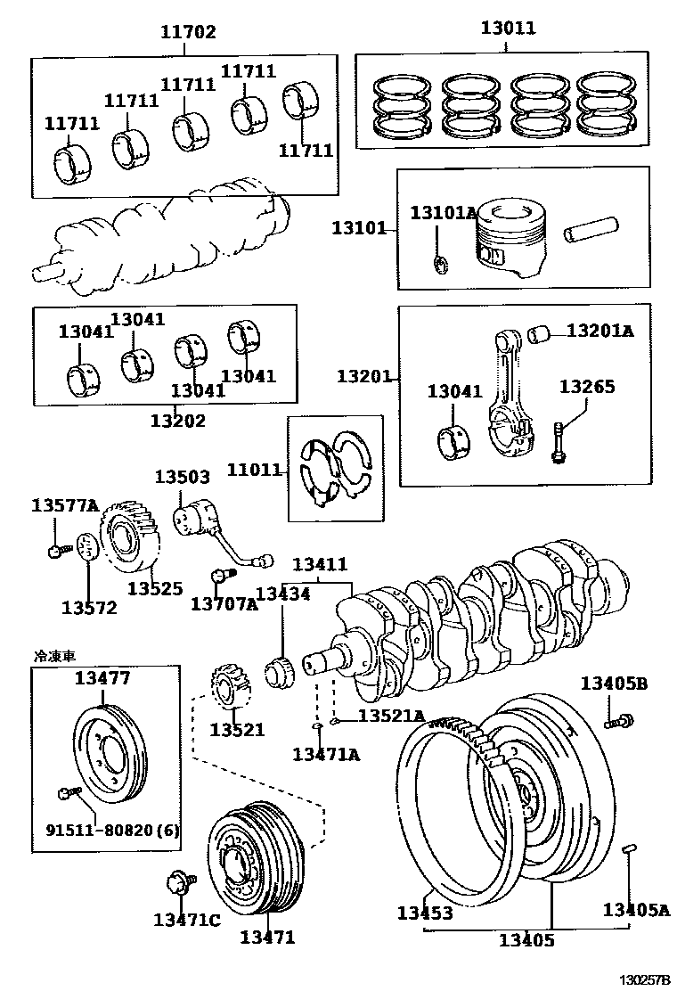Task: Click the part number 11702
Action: (x=188, y=32)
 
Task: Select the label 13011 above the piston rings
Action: (x=508, y=28)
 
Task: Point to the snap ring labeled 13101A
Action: (x=439, y=263)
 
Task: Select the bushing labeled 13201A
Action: (x=537, y=336)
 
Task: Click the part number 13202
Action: (x=177, y=420)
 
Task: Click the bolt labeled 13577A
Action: (x=56, y=551)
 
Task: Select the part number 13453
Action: (x=425, y=913)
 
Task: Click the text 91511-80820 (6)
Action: (x=112, y=831)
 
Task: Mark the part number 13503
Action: (x=182, y=477)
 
